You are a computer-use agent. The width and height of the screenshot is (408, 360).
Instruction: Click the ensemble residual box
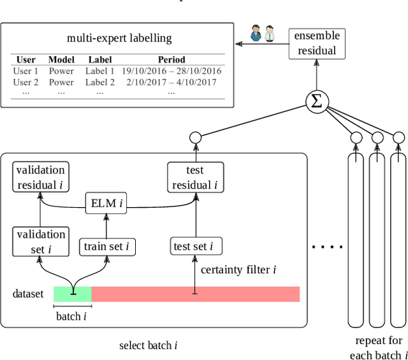coord(317,43)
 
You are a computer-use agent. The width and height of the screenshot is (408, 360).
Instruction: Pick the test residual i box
coord(194,178)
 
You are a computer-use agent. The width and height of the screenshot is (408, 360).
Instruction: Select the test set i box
coord(196,246)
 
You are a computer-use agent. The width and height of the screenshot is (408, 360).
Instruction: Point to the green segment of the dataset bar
coord(72,294)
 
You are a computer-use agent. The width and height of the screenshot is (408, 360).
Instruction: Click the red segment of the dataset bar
coord(195,294)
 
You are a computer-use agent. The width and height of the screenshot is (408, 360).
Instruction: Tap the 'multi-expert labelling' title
coord(119,38)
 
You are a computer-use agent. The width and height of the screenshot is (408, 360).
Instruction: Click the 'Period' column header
coord(171,60)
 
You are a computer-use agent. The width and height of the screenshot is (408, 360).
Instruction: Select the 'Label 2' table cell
coord(100,82)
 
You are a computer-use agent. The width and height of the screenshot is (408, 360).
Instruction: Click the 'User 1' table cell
coord(25,71)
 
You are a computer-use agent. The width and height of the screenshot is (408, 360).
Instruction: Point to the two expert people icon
coord(261,34)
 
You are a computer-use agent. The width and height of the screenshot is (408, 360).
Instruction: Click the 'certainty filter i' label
coord(238,270)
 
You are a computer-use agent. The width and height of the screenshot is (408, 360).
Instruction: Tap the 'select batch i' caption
coord(148,345)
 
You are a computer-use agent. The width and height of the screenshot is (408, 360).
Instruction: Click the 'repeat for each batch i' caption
coord(378,348)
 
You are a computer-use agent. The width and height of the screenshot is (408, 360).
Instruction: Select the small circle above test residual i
coord(195,136)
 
